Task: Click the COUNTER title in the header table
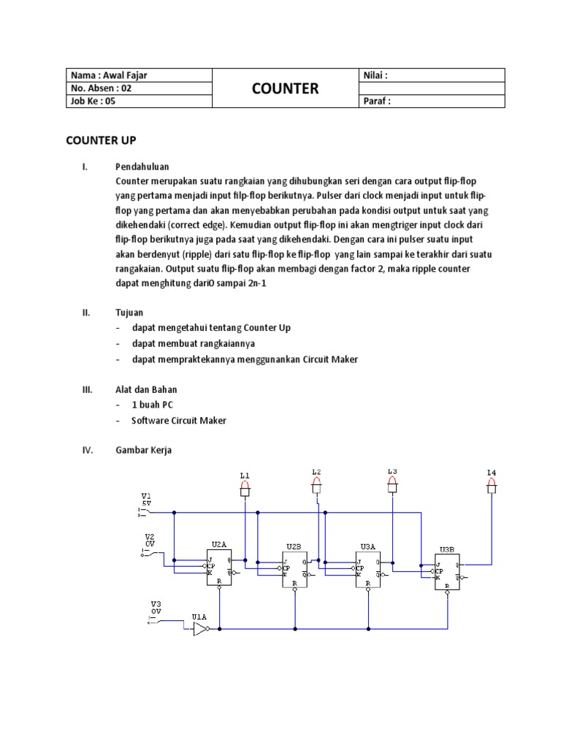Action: tap(285, 88)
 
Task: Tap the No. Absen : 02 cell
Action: tap(102, 88)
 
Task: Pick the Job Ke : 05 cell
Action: tap(93, 102)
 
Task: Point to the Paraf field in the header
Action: tap(377, 102)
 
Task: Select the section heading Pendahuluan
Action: tap(142, 167)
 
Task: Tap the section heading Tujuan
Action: tap(129, 313)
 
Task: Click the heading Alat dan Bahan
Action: tap(146, 389)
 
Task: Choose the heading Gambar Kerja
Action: tap(143, 451)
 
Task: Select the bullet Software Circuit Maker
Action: tap(179, 420)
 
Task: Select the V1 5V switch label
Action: tap(146, 500)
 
